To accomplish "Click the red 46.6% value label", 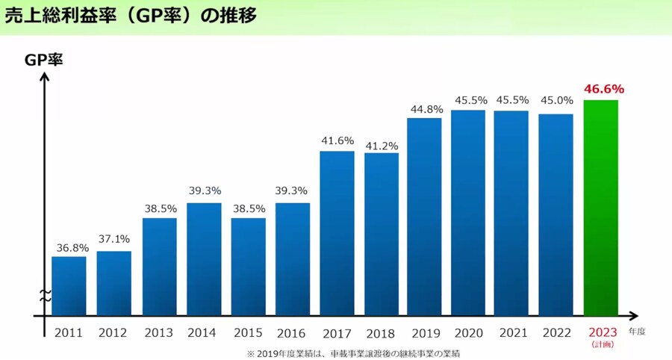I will [x=603, y=90].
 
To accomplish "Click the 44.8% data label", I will [x=426, y=108].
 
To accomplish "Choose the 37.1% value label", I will [x=113, y=239].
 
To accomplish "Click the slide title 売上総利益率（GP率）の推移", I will [x=131, y=16].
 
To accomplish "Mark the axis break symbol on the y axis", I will [x=45, y=295].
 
